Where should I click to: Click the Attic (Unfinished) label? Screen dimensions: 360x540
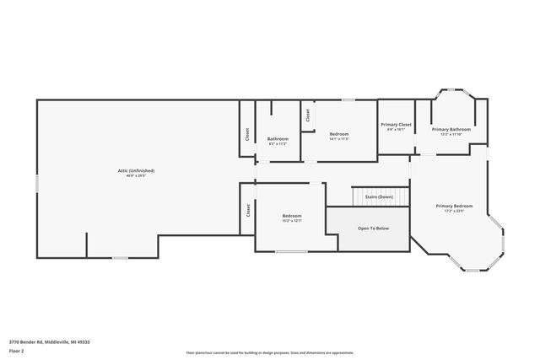(x=136, y=170)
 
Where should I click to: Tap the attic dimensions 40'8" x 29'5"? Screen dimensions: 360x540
(x=136, y=176)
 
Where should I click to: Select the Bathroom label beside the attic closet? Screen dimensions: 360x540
(x=278, y=138)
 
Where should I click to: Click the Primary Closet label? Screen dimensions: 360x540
(x=396, y=124)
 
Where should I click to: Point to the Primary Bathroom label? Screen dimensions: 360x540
(x=451, y=129)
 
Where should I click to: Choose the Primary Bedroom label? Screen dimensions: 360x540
(x=454, y=206)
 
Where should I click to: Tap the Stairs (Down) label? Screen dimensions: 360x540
(x=379, y=196)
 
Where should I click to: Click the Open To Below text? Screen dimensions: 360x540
(x=373, y=228)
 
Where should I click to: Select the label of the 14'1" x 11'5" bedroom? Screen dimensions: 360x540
(x=339, y=133)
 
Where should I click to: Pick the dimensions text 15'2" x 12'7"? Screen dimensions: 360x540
(x=292, y=221)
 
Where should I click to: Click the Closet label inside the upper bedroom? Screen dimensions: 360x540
(x=308, y=116)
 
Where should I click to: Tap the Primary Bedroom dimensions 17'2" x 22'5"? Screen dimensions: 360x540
(x=454, y=212)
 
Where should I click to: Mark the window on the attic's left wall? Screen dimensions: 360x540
(x=37, y=182)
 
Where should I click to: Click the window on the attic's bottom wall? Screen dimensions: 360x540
(x=121, y=257)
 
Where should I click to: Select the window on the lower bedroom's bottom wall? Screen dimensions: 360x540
(x=291, y=251)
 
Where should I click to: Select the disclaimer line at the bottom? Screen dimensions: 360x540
(x=270, y=353)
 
